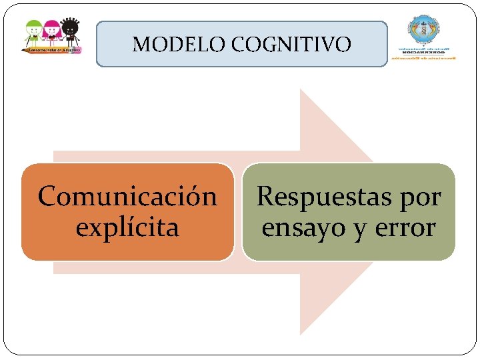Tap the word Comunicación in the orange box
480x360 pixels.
click(127, 197)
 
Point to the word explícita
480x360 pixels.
click(127, 227)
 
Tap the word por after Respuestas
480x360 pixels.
click(419, 198)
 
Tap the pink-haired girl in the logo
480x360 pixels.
click(52, 31)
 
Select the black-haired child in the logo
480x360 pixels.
click(69, 31)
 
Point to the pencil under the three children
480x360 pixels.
click(52, 49)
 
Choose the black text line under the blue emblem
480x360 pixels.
click(424, 52)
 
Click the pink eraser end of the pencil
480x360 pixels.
click(79, 49)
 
